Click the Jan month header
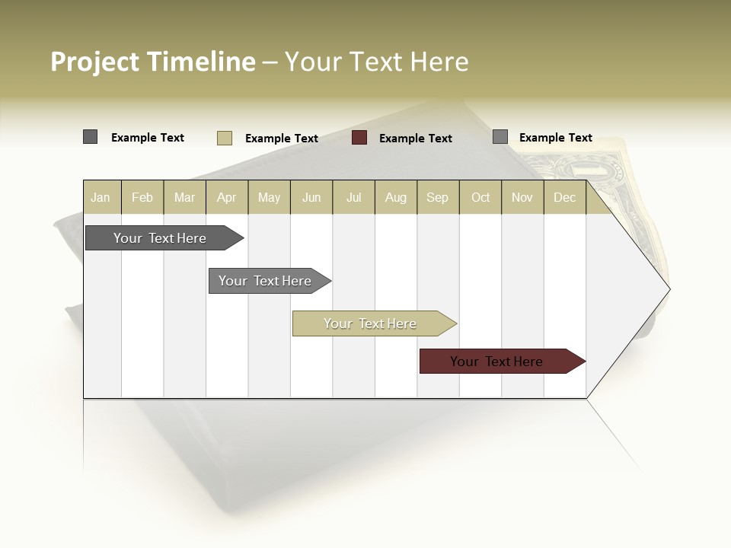tap(101, 198)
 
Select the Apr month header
tap(226, 198)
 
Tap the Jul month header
tap(353, 198)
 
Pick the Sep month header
tap(437, 198)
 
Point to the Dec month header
tap(564, 198)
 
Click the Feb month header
tap(142, 198)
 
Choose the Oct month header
tap(480, 198)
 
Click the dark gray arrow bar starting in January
tap(161, 238)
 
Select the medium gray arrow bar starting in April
tap(266, 281)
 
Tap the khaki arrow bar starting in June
tap(371, 323)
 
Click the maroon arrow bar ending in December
tap(497, 362)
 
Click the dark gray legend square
tap(90, 137)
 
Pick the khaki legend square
tap(224, 138)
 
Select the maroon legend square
tap(359, 138)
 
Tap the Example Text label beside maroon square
tap(415, 139)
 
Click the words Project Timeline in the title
tap(152, 62)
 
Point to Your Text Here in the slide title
tap(376, 62)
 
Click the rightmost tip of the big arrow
tap(669, 289)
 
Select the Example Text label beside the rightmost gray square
tap(555, 138)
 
